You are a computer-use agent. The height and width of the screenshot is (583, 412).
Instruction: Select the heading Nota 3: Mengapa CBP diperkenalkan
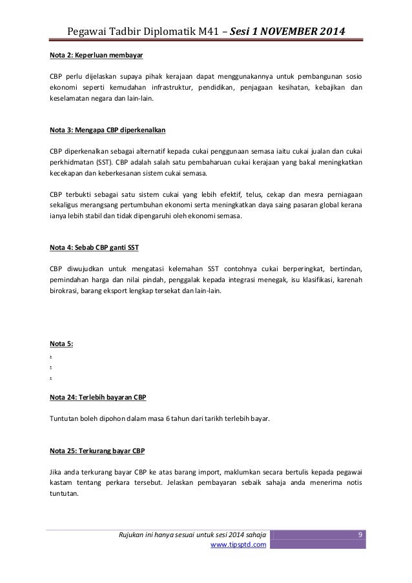[x=108, y=130]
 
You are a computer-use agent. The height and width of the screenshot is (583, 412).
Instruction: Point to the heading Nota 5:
[x=61, y=342]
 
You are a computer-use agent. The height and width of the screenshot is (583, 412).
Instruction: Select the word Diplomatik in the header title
[x=150, y=31]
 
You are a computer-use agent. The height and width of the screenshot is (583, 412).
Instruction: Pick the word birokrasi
[x=66, y=292]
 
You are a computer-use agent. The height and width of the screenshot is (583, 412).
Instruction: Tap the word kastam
[x=60, y=483]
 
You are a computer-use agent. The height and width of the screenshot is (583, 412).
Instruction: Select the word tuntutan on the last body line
[x=64, y=495]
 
